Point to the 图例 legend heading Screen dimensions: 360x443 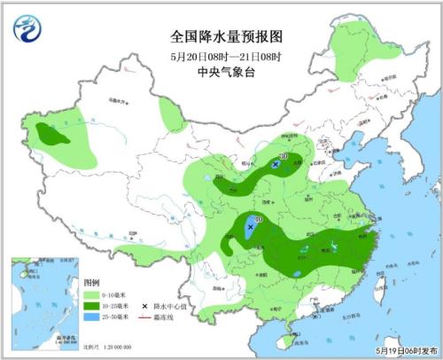tap(91, 281)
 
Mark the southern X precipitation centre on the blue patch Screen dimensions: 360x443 tap(251, 227)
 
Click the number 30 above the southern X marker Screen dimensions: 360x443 tap(259, 218)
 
